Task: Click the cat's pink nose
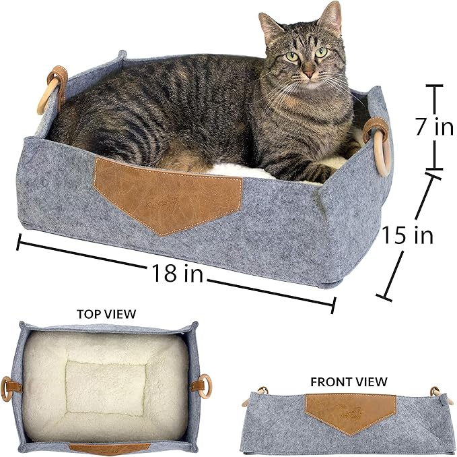(308, 73)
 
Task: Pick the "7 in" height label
(433, 127)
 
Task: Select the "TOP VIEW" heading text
(106, 314)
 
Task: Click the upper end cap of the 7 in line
(433, 86)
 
